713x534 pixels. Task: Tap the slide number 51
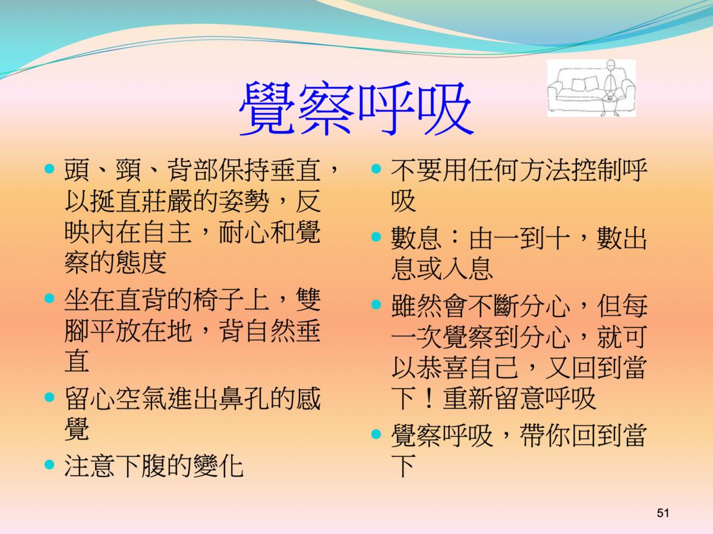point(662,513)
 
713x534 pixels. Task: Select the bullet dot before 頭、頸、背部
point(49,169)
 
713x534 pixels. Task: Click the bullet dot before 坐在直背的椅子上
point(49,298)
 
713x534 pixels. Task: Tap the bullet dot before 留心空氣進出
point(49,397)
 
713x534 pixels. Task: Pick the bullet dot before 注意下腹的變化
point(49,465)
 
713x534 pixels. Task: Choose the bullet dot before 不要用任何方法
point(376,169)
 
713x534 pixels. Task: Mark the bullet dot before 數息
point(376,237)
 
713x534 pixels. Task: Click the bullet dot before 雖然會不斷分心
point(376,304)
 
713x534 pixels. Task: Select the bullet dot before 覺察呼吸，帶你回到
point(376,434)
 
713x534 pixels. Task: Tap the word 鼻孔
point(244,399)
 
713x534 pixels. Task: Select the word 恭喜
point(442,367)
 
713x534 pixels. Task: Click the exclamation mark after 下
point(429,399)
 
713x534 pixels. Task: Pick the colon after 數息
point(455,239)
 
